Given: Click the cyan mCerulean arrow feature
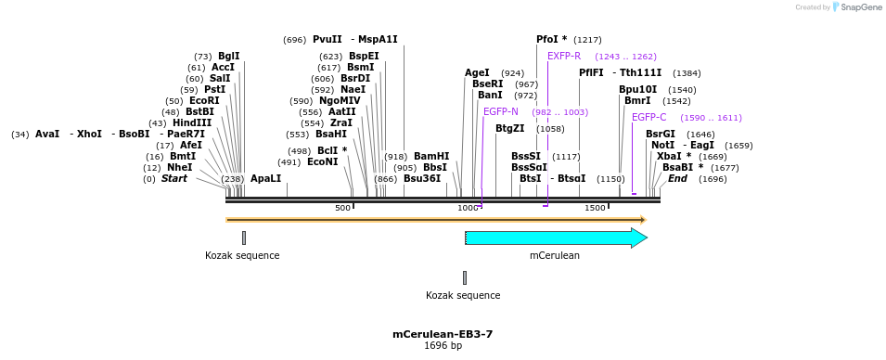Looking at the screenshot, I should click(555, 238).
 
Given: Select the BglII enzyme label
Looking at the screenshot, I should click(228, 56).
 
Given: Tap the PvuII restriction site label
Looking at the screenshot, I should click(327, 39).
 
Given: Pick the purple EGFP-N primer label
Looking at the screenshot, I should click(500, 111).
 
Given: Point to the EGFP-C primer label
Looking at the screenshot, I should click(648, 117).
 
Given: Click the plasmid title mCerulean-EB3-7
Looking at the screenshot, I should click(443, 334).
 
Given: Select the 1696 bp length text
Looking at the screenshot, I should click(443, 346).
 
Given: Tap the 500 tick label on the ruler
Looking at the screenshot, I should click(342, 208).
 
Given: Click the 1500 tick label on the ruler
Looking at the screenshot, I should click(595, 208).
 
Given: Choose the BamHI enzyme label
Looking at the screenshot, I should click(431, 156).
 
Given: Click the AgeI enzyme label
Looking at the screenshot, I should click(477, 72).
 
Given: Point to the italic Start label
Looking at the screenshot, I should click(174, 178).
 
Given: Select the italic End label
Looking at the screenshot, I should click(677, 178).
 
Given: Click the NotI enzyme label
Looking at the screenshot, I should click(662, 145).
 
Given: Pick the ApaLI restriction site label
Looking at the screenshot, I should click(265, 178).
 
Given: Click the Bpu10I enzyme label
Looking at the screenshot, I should click(637, 89).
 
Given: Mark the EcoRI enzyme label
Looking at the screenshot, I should click(204, 100).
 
